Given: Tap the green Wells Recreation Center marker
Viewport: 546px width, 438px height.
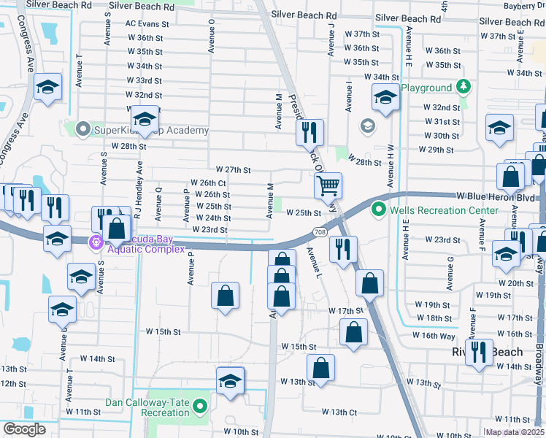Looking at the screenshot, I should [x=378, y=210].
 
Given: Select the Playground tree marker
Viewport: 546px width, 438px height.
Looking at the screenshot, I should [x=463, y=88].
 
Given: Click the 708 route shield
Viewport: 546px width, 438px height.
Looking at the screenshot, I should [x=321, y=232].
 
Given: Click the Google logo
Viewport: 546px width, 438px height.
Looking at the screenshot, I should [x=25, y=429].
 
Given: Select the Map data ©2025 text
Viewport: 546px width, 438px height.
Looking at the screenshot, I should [x=515, y=432].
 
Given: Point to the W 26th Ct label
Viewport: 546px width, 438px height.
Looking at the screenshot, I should [x=208, y=182].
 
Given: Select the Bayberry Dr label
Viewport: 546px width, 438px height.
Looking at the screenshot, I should [x=525, y=6].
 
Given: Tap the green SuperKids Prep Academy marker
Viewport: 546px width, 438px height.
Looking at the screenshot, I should [x=82, y=131].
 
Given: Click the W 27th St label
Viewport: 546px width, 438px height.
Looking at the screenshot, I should [x=233, y=169].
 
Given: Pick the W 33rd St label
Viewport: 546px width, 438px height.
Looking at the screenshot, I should [x=143, y=80].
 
